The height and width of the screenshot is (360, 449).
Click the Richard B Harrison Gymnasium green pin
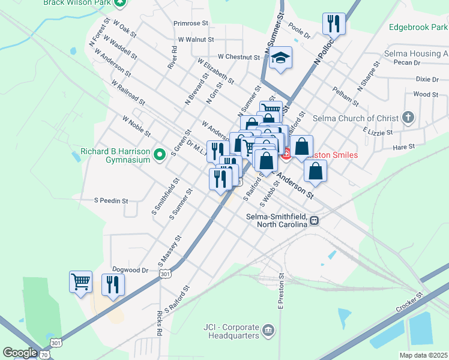(159, 155)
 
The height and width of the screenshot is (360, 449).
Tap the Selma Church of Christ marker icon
(408, 117)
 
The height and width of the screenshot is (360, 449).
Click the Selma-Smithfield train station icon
(314, 221)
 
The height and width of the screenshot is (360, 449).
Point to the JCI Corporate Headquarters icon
(268, 330)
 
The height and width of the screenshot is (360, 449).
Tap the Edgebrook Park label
(418, 27)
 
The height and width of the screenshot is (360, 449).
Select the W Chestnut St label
(238, 57)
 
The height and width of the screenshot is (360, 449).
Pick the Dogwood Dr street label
(130, 270)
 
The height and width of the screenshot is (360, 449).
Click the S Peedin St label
(112, 200)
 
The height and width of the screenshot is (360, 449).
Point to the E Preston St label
(280, 292)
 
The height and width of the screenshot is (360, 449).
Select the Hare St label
(403, 146)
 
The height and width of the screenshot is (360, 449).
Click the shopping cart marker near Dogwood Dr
(80, 281)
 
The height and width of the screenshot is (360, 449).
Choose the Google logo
(20, 353)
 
